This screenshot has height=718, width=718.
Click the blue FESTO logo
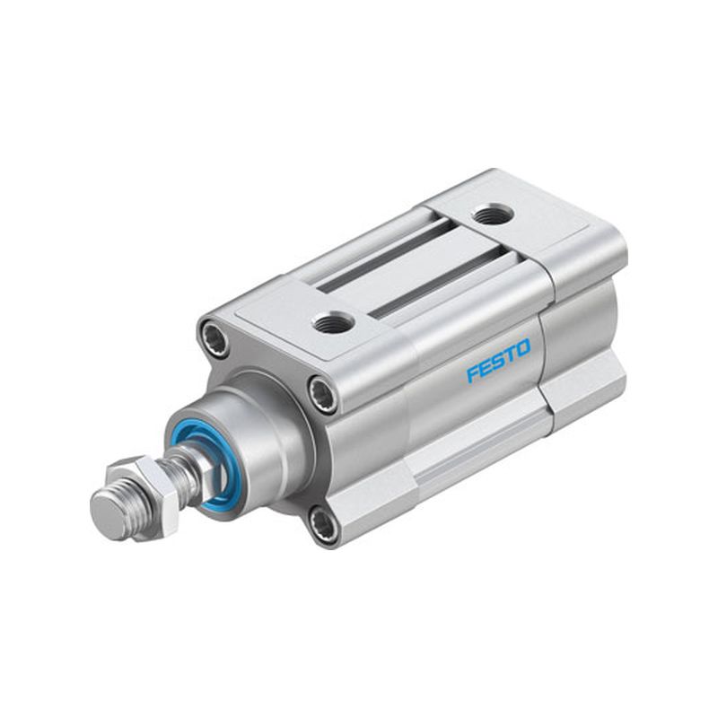coord(498,360)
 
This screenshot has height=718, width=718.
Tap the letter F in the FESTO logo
coord(473,373)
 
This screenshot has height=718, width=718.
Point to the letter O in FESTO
coord(524,347)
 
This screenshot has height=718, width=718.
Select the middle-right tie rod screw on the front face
coord(322,392)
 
